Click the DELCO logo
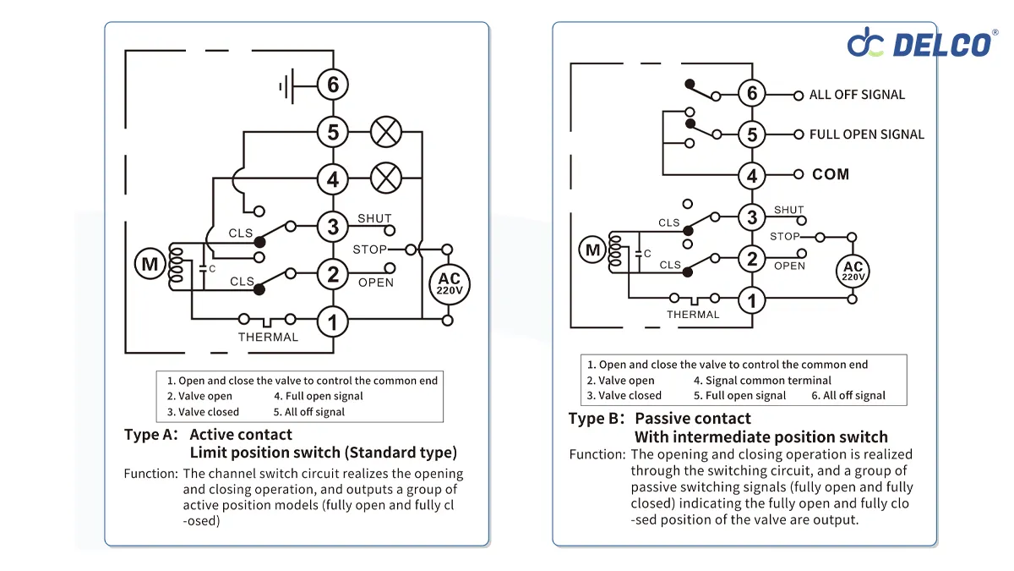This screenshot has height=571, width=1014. click(x=921, y=41)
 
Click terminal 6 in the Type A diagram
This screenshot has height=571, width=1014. click(x=333, y=85)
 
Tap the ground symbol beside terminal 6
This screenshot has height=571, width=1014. click(x=287, y=85)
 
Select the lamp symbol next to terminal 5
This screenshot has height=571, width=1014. click(x=386, y=132)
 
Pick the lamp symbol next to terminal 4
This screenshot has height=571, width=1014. click(x=386, y=178)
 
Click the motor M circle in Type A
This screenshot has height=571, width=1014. click(x=150, y=265)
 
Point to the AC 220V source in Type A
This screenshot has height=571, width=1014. click(x=449, y=283)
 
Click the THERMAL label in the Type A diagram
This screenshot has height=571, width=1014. click(x=268, y=338)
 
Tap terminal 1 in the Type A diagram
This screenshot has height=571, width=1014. click(x=333, y=321)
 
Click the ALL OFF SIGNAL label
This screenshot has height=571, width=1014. click(x=857, y=95)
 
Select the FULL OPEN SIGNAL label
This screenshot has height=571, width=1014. click(x=866, y=135)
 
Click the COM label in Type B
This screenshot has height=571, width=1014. click(x=830, y=174)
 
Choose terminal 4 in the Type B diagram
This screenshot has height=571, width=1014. click(x=752, y=176)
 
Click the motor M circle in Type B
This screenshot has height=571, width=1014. click(x=592, y=250)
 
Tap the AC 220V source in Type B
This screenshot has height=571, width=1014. click(x=853, y=271)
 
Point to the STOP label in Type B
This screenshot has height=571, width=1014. click(x=784, y=237)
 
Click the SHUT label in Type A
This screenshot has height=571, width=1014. click(x=374, y=218)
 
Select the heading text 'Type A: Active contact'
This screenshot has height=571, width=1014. click(x=208, y=435)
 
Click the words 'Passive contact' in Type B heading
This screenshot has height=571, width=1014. click(x=692, y=419)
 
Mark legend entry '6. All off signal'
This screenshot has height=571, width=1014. click(x=848, y=395)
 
